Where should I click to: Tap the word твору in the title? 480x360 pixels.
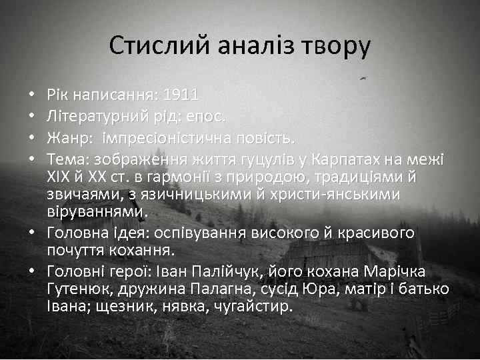(338, 47)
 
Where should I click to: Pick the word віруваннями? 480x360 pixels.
(95, 211)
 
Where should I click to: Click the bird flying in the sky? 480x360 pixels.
(363, 78)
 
